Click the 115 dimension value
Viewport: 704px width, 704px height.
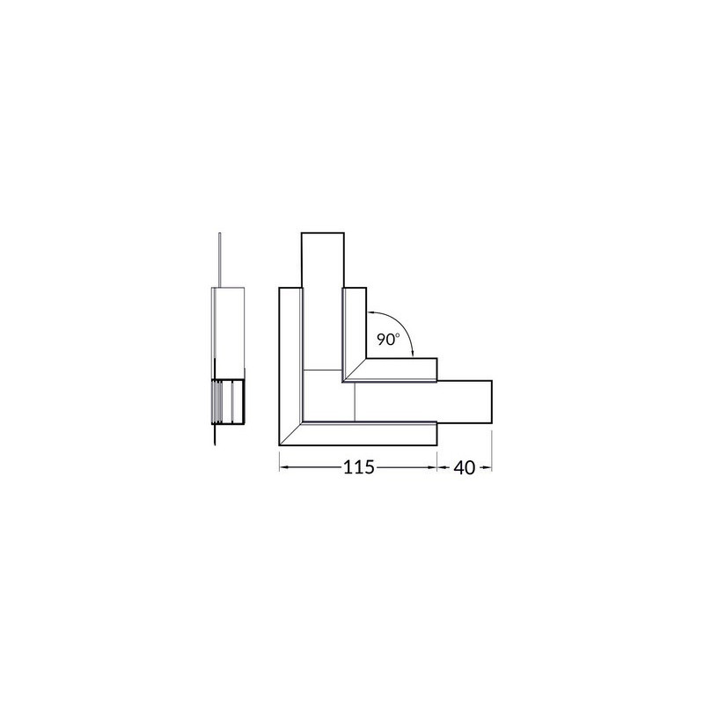pyautogui.click(x=358, y=467)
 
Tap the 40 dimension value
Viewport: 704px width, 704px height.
pyautogui.click(x=464, y=468)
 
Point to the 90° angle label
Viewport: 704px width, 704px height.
pyautogui.click(x=388, y=340)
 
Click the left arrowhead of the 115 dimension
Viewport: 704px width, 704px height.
pyautogui.click(x=283, y=468)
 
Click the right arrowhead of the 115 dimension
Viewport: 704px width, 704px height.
pyautogui.click(x=433, y=468)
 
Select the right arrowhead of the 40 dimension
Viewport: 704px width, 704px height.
pyautogui.click(x=488, y=468)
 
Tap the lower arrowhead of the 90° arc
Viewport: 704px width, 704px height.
pyautogui.click(x=413, y=354)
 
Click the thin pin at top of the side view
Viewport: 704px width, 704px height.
pyautogui.click(x=219, y=260)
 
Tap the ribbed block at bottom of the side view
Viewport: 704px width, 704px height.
pyautogui.click(x=228, y=402)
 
